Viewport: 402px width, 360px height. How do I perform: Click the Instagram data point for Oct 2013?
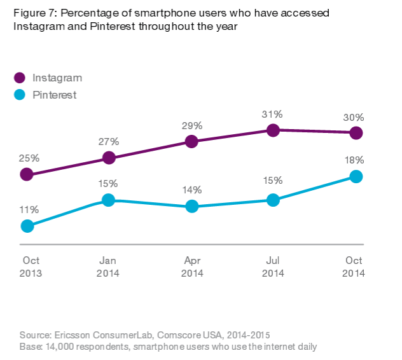(x=27, y=174)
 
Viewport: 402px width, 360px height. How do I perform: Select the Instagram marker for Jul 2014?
(x=274, y=130)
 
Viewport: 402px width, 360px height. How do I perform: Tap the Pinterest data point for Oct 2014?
(x=356, y=176)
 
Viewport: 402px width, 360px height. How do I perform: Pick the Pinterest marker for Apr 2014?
(x=191, y=206)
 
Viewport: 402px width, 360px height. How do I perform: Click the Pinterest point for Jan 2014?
(x=108, y=200)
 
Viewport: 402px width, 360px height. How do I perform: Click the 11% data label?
(x=29, y=209)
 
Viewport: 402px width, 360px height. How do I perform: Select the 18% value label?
(x=355, y=160)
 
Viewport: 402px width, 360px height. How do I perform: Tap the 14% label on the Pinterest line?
(x=191, y=190)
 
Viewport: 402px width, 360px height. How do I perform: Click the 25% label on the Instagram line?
(x=29, y=158)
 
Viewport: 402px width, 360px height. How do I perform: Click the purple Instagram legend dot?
(x=20, y=78)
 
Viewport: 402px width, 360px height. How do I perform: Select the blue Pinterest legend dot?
(x=20, y=95)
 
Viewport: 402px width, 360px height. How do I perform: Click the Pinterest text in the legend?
(x=54, y=95)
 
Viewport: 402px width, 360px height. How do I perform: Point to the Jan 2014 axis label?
(x=109, y=267)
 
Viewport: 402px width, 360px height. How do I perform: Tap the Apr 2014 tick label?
(x=191, y=267)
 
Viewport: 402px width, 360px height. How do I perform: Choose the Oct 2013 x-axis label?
(x=31, y=267)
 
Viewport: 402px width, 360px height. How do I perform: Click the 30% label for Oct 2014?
(x=354, y=117)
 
